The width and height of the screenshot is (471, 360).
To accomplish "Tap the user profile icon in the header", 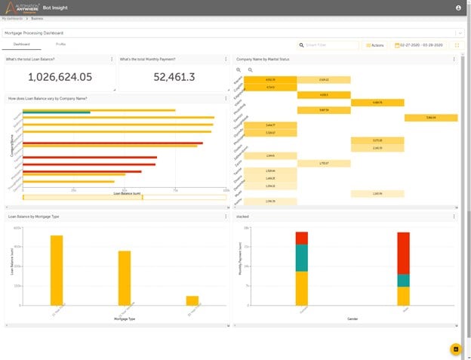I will point(458,8).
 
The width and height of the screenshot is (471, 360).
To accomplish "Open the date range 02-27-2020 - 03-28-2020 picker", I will point(418,45).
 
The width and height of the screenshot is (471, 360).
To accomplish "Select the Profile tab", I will point(60,45).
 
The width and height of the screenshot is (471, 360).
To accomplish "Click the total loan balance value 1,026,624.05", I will point(60,77).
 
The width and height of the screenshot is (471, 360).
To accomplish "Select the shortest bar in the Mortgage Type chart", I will point(192,300).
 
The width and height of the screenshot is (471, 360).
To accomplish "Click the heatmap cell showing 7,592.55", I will point(430,118).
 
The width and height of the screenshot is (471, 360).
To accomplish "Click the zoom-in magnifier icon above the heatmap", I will point(239,69).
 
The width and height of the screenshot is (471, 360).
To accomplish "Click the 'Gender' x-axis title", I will point(352,319).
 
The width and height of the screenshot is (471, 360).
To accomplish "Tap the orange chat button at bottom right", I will point(455,349).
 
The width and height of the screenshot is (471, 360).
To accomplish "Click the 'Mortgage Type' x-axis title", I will point(123,319).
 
